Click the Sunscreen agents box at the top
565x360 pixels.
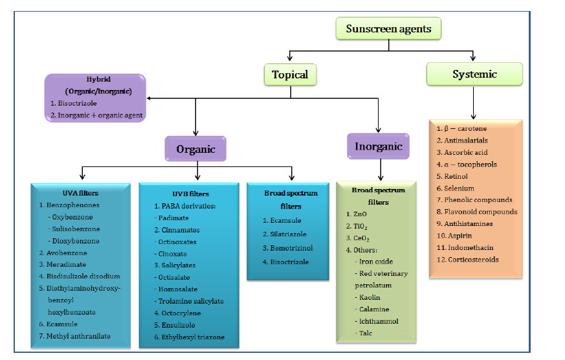tap(388, 29)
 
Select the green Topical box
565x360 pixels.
tap(289, 74)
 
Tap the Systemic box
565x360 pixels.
tap(474, 74)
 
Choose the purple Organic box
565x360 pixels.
tap(195, 150)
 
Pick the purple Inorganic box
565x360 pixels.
tap(379, 146)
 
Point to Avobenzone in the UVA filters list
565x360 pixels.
tap(66, 253)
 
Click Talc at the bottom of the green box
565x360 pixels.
tap(367, 333)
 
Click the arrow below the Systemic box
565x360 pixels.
tap(474, 102)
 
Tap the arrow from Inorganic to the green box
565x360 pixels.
tap(379, 170)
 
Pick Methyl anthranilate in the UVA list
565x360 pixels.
tap(74, 336)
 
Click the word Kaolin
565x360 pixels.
tap(370, 297)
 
